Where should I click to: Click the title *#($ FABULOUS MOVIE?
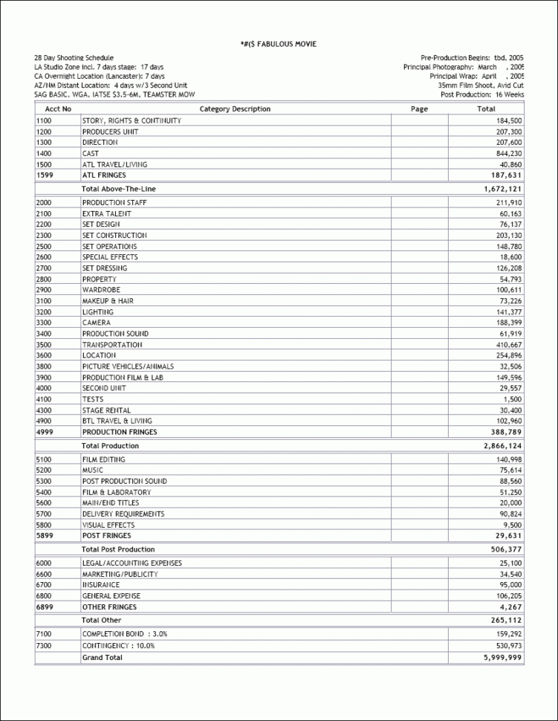[279, 44]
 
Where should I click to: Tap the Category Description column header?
[236, 109]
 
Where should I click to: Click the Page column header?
[419, 109]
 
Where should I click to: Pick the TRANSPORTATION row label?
[111, 345]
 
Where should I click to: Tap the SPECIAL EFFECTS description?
[109, 257]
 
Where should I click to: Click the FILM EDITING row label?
[103, 459]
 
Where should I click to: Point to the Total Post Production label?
[118, 549]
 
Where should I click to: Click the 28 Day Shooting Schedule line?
[74, 57]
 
